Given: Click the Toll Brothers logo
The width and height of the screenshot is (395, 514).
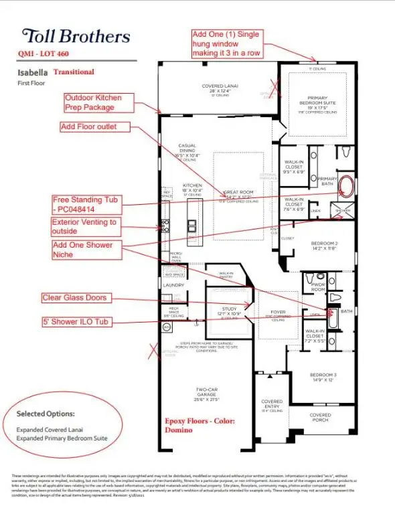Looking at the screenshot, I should click(75, 35).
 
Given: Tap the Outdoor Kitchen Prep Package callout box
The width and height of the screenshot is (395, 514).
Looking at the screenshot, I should click(102, 102).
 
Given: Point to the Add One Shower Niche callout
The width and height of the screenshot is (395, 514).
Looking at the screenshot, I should click(83, 250).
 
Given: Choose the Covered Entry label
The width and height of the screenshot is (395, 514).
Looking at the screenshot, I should click(272, 404).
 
